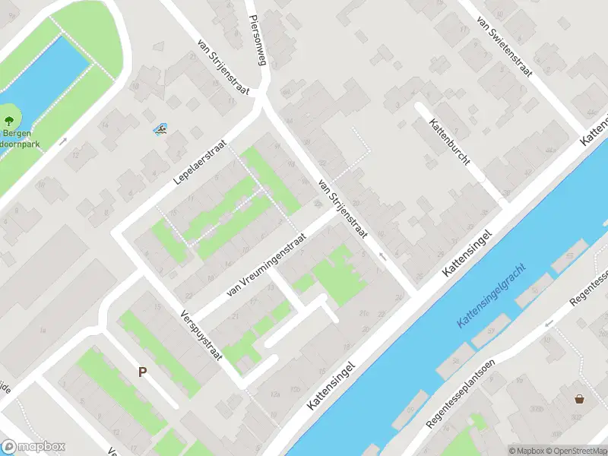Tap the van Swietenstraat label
(x=504, y=45)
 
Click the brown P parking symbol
(x=141, y=372)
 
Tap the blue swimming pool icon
(x=161, y=130)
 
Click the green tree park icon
(x=8, y=120)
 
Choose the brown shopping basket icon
(x=580, y=398)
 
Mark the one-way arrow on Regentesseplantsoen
(x=547, y=325)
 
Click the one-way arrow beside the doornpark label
(x=63, y=141)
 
